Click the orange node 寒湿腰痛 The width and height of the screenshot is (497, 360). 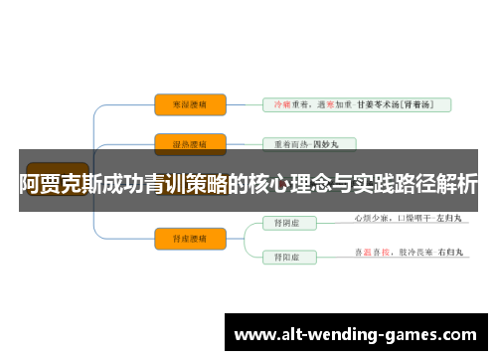[190, 103]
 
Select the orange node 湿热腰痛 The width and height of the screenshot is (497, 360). [190, 143]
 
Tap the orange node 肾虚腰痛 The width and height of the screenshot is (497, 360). [190, 237]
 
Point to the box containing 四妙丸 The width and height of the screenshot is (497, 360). [307, 143]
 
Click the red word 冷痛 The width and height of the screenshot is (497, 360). [279, 103]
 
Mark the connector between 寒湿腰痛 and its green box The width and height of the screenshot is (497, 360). [244, 103]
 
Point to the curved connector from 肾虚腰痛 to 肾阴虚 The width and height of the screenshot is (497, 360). [244, 228]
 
